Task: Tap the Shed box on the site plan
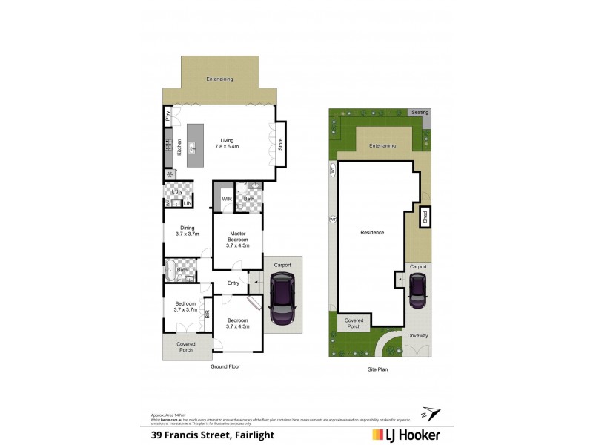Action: pos(425,218)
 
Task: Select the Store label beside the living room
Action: pos(280,145)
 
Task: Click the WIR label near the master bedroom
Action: pos(226,198)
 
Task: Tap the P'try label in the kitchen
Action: pos(168,116)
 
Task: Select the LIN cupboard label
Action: pos(188,203)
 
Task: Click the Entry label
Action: pos(233,283)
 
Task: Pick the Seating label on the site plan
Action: pos(420,112)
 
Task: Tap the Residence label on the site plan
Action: pos(372,232)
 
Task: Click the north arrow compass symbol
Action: pos(428,412)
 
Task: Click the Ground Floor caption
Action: pos(225,366)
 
